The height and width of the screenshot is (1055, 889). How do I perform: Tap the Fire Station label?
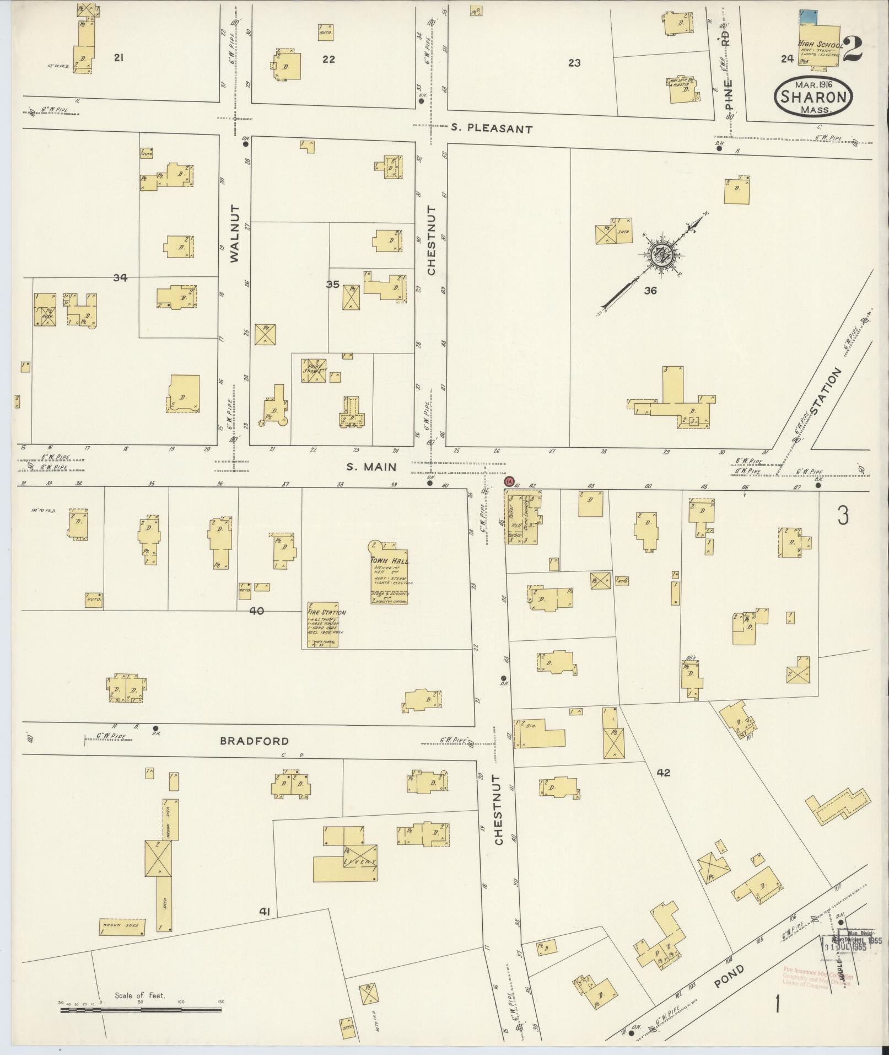click(x=327, y=612)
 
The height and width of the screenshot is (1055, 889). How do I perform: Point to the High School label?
click(x=820, y=44)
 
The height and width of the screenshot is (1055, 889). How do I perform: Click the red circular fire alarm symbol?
click(x=510, y=481)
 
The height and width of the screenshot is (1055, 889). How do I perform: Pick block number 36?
click(x=650, y=290)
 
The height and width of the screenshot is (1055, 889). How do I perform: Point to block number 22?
click(x=328, y=60)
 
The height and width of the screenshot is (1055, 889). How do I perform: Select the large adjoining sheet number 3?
click(x=843, y=516)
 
